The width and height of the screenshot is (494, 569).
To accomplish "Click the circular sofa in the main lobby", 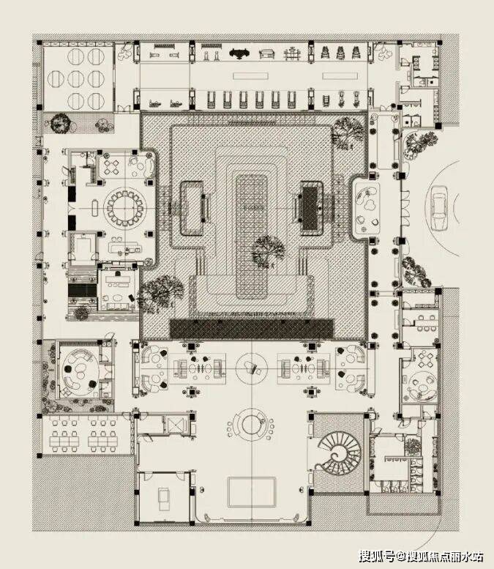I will pyautogui.click(x=251, y=424).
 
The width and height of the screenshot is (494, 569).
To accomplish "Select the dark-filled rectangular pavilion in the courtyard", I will pyautogui.click(x=310, y=204).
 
